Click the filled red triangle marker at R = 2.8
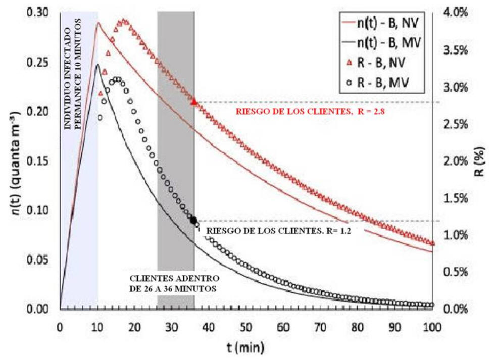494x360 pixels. tap(194, 102)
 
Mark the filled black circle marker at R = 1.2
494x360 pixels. tap(193, 220)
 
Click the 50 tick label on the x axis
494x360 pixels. tap(246, 326)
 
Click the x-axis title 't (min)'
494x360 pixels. tap(246, 347)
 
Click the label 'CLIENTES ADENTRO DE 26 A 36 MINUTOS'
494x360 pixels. tap(175, 283)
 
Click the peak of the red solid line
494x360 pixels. tap(98, 23)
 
